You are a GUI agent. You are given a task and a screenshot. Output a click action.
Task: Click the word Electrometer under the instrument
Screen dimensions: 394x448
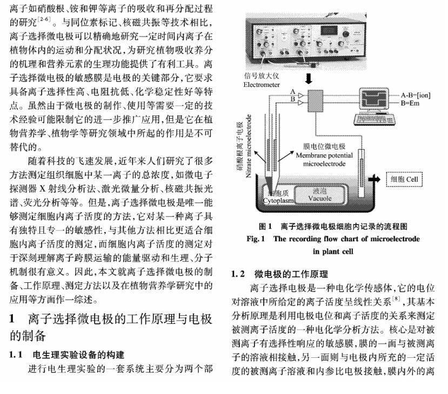[x=262, y=84]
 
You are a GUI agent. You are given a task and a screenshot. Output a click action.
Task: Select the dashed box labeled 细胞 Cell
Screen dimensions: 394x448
[x=404, y=179]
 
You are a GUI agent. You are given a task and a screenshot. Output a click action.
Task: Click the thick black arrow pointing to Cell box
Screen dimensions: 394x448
[x=374, y=179]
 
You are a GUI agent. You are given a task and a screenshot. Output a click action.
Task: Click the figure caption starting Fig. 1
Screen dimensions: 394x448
[x=332, y=239]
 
